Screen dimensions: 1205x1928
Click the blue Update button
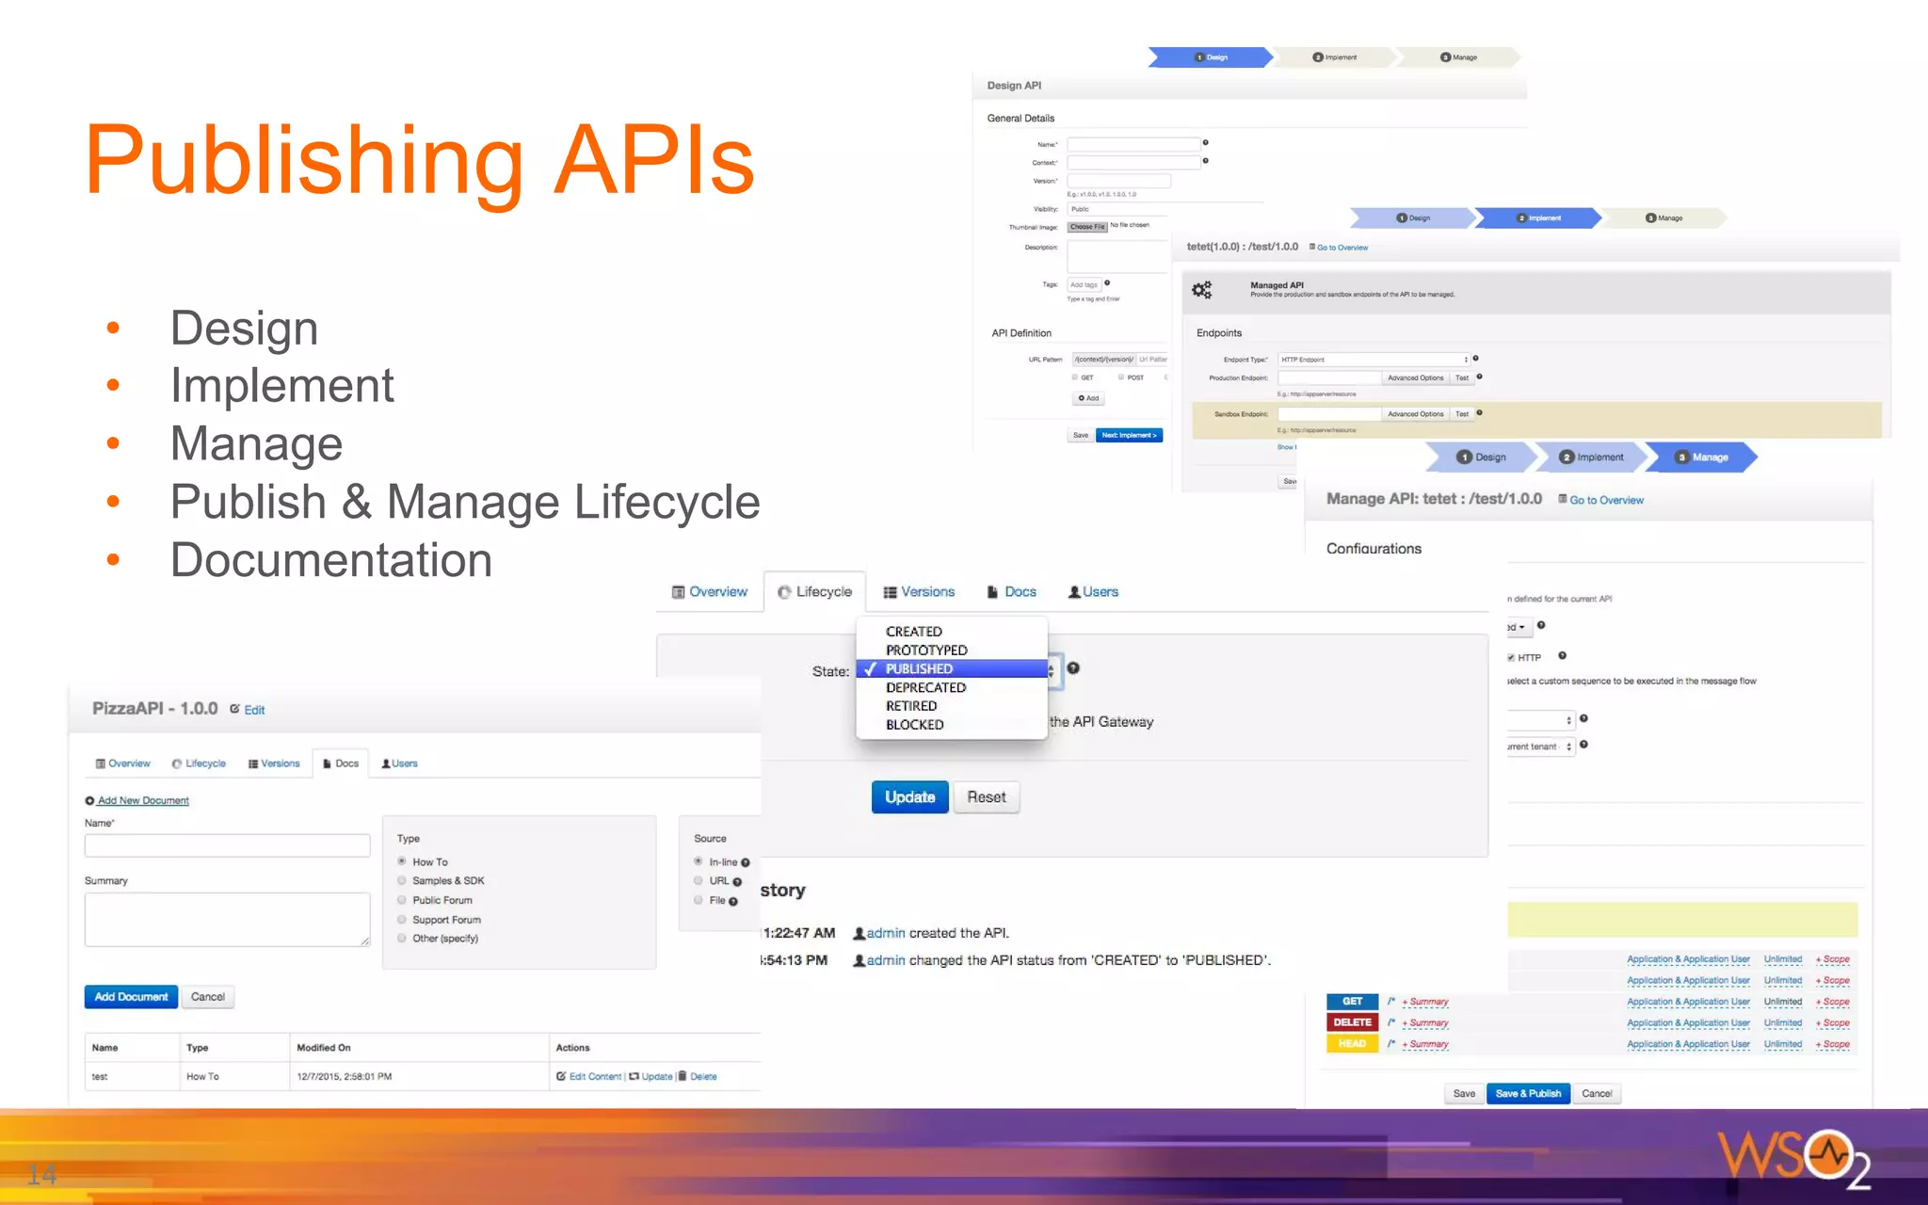[909, 797]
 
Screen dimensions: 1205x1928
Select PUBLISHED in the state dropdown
[919, 668]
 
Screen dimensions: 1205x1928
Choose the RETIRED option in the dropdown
[910, 706]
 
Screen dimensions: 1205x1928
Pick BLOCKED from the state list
[914, 725]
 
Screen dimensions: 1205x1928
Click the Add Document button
[131, 997]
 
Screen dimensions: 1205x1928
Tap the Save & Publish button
[1528, 1094]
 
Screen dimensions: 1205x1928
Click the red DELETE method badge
[1352, 1022]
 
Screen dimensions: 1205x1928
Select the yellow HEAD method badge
[1352, 1044]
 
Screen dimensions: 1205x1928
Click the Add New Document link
[143, 801]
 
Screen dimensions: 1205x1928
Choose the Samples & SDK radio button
[402, 881]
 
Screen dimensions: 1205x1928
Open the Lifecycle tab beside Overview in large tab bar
[815, 592]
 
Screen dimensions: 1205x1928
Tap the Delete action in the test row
[702, 1077]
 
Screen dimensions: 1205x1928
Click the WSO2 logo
[1792, 1157]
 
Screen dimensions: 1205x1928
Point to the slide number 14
[41, 1174]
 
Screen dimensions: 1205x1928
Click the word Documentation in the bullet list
[330, 560]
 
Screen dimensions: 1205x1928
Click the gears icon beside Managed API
[1202, 290]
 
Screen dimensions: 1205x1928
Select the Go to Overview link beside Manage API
[1605, 501]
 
